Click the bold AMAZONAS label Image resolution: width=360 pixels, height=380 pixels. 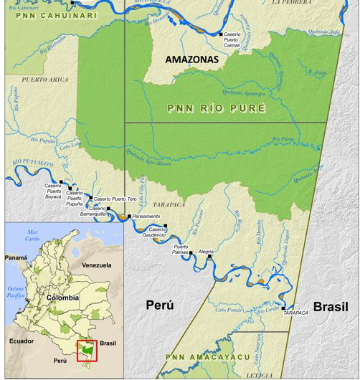click(191, 60)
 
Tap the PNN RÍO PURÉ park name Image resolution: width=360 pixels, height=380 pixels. click(216, 108)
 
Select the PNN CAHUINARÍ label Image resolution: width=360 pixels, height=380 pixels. click(49, 14)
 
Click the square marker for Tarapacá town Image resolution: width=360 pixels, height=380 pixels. click(284, 308)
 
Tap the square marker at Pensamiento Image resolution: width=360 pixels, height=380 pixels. click(129, 216)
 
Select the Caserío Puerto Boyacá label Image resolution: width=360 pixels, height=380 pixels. click(54, 191)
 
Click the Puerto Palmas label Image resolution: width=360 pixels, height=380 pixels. click(181, 250)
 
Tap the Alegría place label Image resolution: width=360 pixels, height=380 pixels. click(206, 252)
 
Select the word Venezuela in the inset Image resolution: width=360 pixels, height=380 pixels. click(96, 265)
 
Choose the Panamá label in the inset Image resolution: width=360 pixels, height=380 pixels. click(16, 257)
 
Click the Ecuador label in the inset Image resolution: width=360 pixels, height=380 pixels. click(22, 341)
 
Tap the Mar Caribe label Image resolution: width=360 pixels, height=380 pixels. click(32, 235)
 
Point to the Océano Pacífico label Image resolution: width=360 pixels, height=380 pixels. click(16, 292)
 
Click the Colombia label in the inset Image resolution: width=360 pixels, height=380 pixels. click(62, 297)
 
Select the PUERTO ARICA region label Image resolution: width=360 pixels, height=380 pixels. click(45, 80)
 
